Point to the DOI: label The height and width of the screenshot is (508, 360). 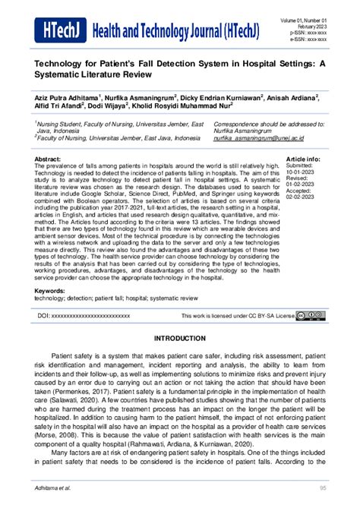[x=44, y=314]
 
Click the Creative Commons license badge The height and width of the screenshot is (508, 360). [x=311, y=314]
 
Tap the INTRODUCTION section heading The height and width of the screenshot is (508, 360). [x=179, y=337]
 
